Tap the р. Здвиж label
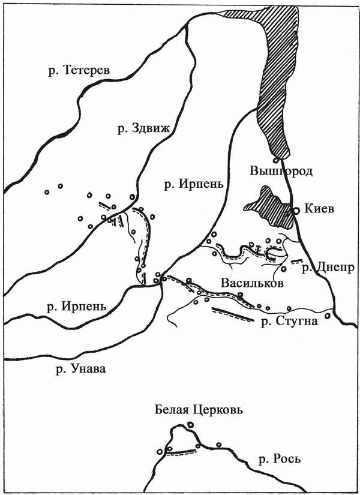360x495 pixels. (143, 128)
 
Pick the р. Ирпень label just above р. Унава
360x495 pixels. (76, 306)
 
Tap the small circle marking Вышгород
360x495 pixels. (275, 160)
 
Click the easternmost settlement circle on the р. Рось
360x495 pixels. (218, 445)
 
